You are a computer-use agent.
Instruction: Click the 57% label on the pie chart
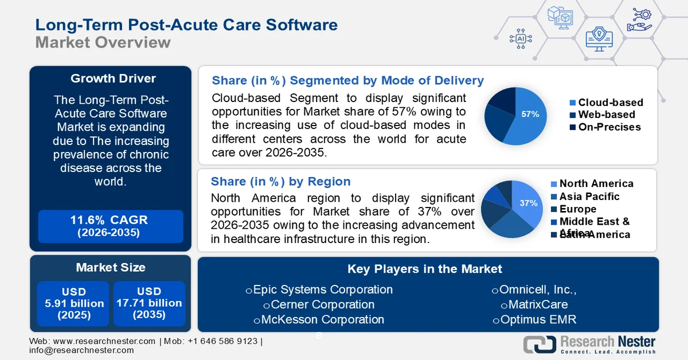(530, 114)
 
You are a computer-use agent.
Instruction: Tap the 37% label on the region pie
(528, 203)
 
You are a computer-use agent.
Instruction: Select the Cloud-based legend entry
(606, 103)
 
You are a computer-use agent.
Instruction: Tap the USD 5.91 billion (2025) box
(75, 303)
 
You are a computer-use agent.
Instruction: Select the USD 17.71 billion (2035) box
(149, 303)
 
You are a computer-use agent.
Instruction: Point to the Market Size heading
(111, 267)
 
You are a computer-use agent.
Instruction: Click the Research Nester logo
(590, 344)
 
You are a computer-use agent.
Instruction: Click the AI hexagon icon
(521, 38)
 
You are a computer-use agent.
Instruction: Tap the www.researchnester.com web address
(104, 341)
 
